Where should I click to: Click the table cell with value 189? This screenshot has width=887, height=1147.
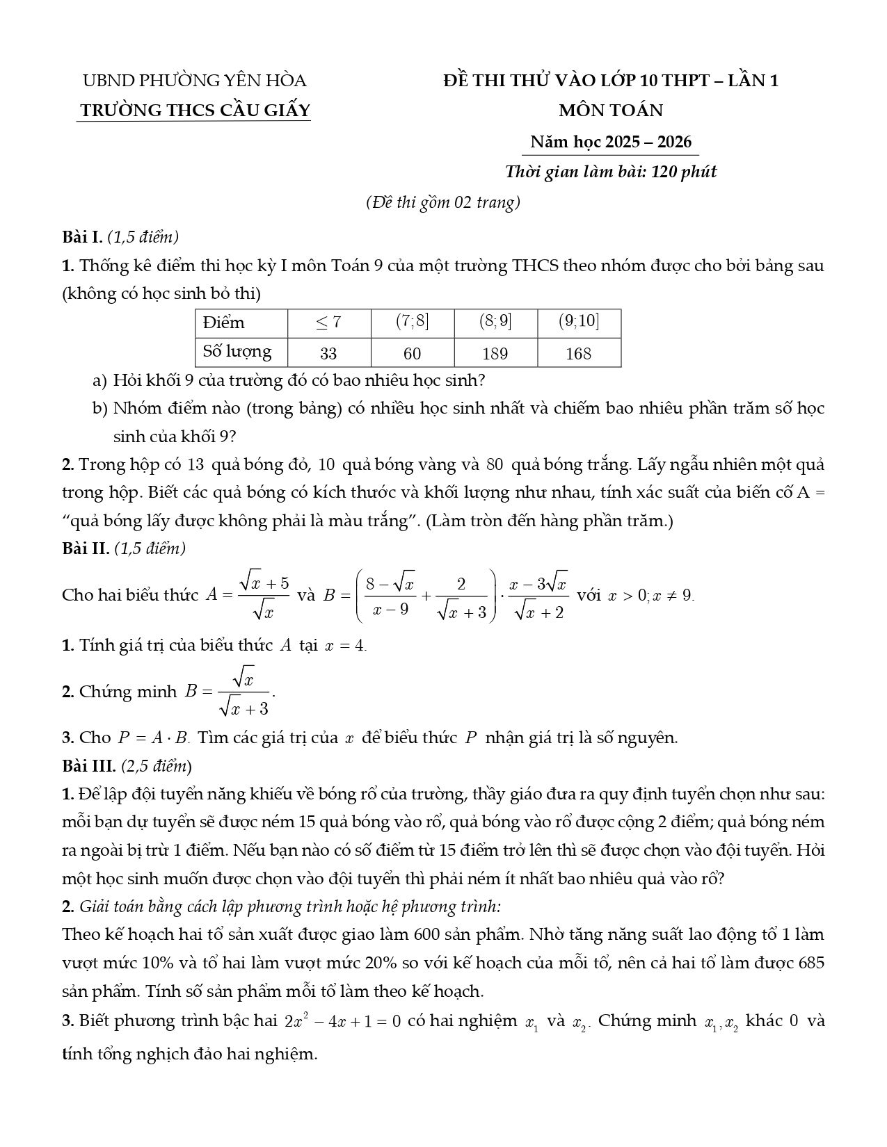point(495,353)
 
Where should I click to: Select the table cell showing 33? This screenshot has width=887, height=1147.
point(328,353)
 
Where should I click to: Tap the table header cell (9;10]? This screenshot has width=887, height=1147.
point(579,322)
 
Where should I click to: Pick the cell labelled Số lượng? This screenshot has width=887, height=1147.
point(237,351)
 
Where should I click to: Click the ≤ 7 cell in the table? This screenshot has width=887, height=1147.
point(328,322)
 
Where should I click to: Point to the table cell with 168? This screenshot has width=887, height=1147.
point(579,353)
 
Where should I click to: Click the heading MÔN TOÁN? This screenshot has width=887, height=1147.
point(611,111)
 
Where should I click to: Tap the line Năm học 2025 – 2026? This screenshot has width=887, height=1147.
point(611,142)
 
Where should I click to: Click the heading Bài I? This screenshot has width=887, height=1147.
point(82,237)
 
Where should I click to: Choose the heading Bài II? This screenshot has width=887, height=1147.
point(86,548)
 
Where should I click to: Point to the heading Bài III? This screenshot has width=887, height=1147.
point(89,766)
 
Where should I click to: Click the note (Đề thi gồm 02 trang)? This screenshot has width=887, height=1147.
point(443,202)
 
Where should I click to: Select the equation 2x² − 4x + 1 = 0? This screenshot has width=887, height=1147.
point(342,1021)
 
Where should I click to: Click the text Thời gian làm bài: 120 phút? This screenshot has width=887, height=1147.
point(611,172)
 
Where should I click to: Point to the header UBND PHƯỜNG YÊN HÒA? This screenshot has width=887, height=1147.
point(195,81)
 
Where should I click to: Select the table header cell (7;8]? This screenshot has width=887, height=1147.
point(412,322)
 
